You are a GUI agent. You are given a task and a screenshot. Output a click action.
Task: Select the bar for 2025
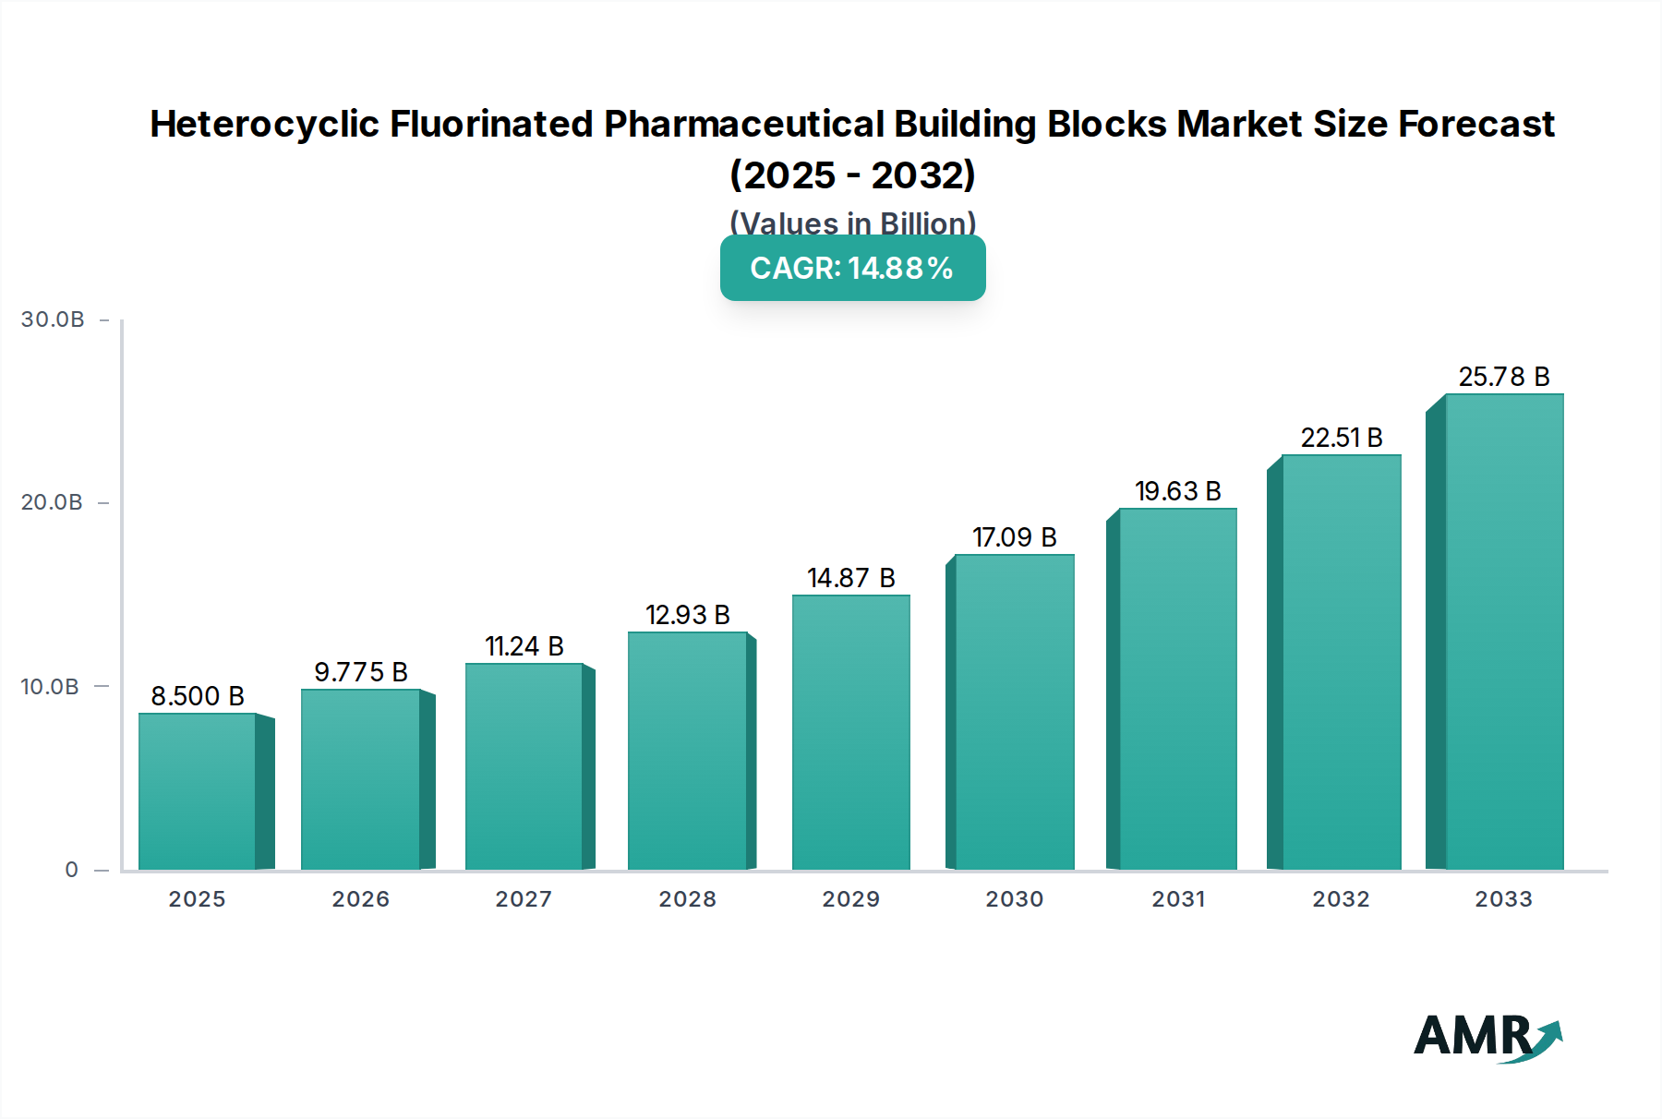pyautogui.click(x=197, y=791)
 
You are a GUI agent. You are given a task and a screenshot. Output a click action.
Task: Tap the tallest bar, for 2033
pyautogui.click(x=1503, y=632)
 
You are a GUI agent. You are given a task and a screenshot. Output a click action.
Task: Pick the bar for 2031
pyautogui.click(x=1177, y=689)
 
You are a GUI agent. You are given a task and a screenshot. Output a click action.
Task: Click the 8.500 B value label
pyautogui.click(x=198, y=696)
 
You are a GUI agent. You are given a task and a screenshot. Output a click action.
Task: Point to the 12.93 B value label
pyautogui.click(x=687, y=615)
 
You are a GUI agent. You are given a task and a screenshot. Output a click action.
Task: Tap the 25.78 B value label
pyautogui.click(x=1503, y=377)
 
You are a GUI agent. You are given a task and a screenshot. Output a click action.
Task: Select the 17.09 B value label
pyautogui.click(x=1014, y=537)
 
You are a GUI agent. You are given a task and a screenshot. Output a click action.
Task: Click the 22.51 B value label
pyautogui.click(x=1341, y=438)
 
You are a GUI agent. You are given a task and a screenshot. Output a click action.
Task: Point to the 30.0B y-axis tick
pyautogui.click(x=53, y=319)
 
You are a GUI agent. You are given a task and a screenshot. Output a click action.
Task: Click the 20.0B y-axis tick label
pyautogui.click(x=52, y=502)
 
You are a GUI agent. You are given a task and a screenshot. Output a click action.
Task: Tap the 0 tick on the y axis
pyautogui.click(x=72, y=870)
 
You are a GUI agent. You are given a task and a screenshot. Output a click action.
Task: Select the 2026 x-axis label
pyautogui.click(x=360, y=899)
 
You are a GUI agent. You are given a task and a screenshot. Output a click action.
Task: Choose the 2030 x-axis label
pyautogui.click(x=1014, y=899)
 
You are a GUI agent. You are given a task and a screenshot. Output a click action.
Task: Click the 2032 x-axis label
pyautogui.click(x=1341, y=899)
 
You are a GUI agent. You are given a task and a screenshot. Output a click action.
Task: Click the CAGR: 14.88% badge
pyautogui.click(x=852, y=268)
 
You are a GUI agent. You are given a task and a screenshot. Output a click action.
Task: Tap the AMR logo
pyautogui.click(x=1487, y=1038)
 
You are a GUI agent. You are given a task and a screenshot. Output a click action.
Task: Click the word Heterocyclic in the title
pyautogui.click(x=264, y=124)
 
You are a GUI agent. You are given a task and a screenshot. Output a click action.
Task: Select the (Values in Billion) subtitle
pyautogui.click(x=852, y=223)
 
